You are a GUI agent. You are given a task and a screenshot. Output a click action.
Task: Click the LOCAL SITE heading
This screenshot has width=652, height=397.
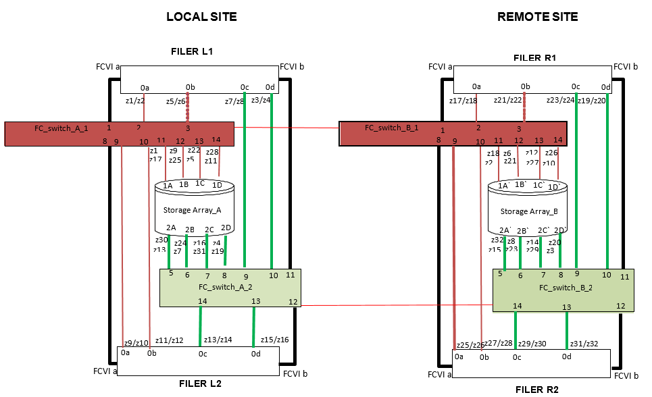(201, 17)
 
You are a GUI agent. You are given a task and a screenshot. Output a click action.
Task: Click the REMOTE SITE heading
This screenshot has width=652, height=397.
(537, 17)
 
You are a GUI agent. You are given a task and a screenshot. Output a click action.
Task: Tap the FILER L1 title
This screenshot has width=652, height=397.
(192, 51)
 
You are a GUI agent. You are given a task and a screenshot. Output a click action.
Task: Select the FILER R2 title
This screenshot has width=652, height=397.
(536, 390)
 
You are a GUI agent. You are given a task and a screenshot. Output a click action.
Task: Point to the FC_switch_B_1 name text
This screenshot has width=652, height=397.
(392, 127)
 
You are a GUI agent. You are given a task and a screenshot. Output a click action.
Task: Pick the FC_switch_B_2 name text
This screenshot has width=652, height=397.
(566, 288)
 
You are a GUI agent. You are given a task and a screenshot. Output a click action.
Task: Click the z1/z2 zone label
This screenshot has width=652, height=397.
(136, 101)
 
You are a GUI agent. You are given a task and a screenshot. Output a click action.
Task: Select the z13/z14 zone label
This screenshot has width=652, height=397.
(218, 340)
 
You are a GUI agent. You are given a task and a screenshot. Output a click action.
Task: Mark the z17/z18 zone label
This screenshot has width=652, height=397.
(463, 101)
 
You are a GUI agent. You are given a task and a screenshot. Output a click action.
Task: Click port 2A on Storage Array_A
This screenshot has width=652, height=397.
(171, 228)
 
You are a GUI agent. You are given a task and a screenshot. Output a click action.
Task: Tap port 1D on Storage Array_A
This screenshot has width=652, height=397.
(217, 185)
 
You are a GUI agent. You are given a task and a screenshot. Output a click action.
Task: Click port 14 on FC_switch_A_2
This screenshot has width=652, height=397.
(203, 301)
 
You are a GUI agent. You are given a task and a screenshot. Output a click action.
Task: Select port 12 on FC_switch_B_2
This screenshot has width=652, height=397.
(620, 306)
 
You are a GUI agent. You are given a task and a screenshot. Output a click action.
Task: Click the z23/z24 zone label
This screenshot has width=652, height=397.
(560, 101)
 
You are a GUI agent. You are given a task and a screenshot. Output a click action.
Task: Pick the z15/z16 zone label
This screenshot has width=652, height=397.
(274, 340)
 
